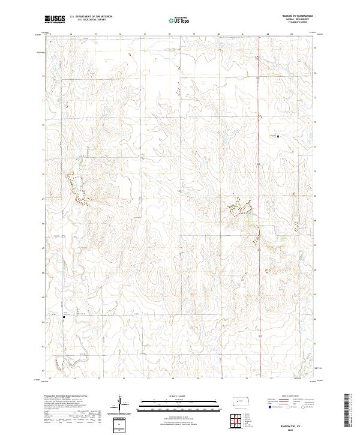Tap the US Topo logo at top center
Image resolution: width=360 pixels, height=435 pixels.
[x=178, y=20]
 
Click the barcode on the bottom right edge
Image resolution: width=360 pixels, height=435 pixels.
[x=350, y=411]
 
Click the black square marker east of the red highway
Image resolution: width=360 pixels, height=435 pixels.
[x=278, y=137]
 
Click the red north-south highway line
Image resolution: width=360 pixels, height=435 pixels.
[x=259, y=180]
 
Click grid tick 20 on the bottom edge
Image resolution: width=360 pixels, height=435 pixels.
[x=222, y=379]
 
